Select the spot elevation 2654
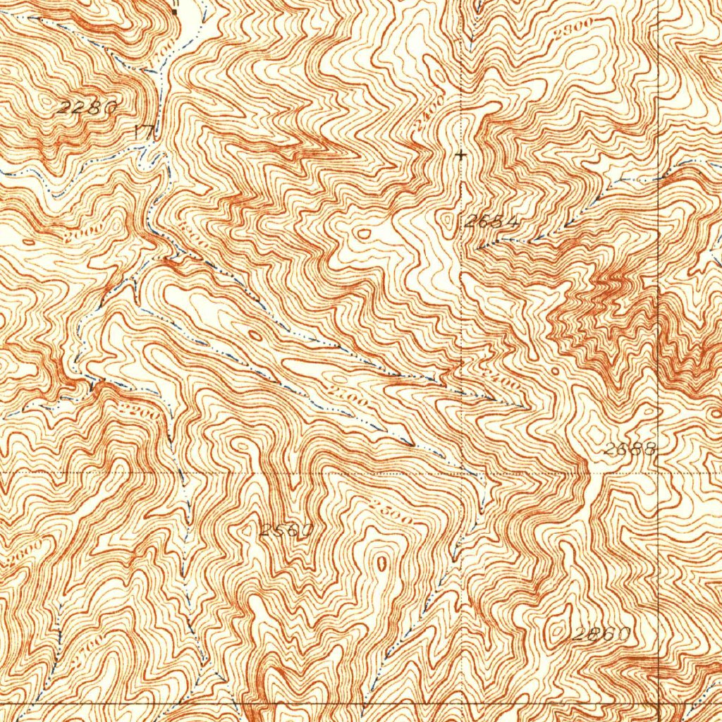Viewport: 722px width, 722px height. pyautogui.click(x=492, y=221)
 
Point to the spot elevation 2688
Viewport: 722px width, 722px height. pyautogui.click(x=630, y=448)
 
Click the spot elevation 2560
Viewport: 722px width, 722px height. pyautogui.click(x=286, y=530)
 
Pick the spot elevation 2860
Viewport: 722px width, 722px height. pyautogui.click(x=601, y=634)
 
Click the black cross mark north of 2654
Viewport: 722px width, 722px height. pyautogui.click(x=462, y=154)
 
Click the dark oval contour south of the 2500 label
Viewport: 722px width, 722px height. pyautogui.click(x=381, y=563)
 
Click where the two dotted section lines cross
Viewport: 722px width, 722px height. pyautogui.click(x=463, y=471)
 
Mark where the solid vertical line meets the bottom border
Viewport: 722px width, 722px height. pyautogui.click(x=658, y=703)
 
